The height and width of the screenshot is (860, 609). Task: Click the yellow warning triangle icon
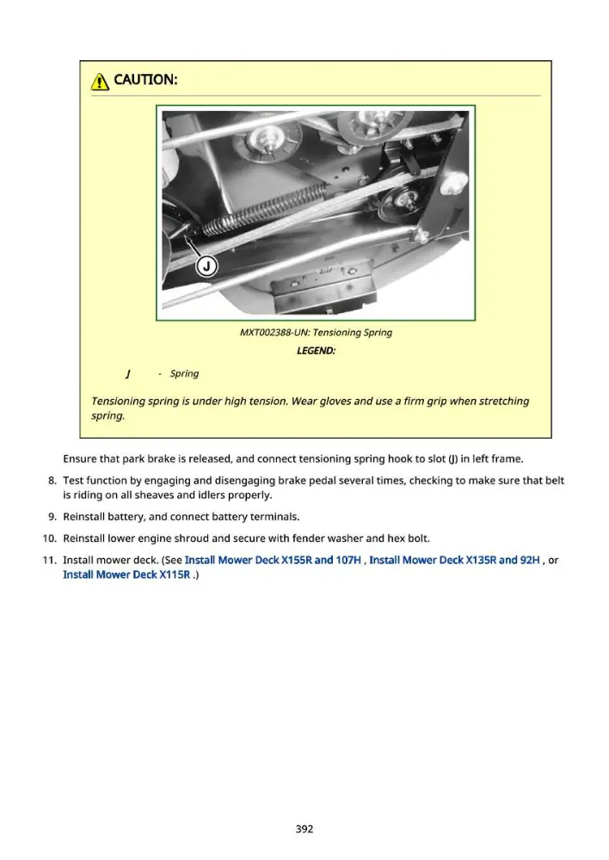100,81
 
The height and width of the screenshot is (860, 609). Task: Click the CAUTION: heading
145,79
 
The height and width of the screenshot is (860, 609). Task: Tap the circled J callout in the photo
206,267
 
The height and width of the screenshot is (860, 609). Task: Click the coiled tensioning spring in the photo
264,210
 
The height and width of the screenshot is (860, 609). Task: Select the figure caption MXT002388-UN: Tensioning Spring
316,332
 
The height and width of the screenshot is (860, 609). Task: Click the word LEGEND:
316,351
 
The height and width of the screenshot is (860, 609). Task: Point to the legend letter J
128,374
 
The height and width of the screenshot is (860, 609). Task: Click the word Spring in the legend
184,374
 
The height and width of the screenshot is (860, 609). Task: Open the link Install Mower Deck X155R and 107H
273,560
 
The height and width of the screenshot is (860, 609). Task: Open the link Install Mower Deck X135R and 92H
454,560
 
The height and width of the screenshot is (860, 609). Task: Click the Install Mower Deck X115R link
126,574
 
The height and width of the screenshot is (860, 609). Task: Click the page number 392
304,829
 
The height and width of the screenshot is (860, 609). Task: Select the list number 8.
52,481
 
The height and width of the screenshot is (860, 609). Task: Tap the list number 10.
49,538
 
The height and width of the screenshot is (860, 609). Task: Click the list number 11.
49,560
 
